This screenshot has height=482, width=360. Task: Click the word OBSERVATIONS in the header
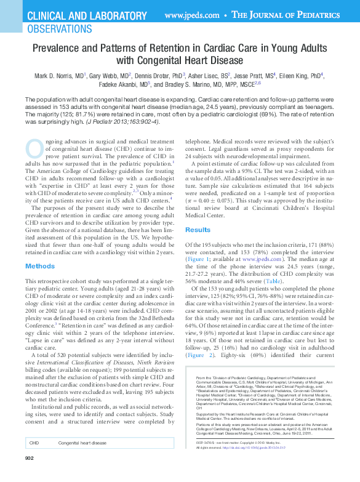(58, 28)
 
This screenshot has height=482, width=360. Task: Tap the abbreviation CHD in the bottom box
(35, 443)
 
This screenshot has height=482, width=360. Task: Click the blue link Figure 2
(204, 355)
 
